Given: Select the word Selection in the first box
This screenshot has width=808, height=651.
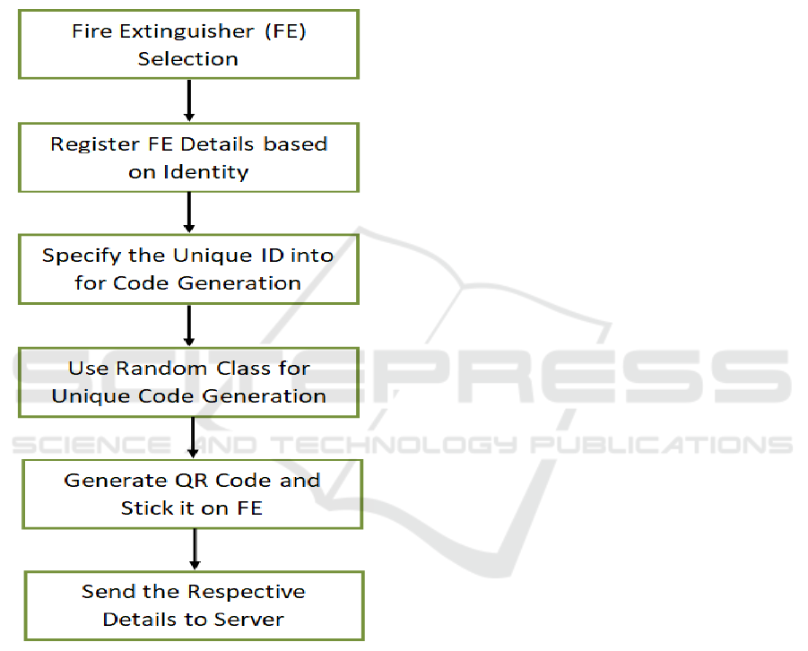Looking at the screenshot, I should (x=188, y=59).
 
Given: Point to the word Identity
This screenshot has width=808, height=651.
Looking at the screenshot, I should (x=205, y=171).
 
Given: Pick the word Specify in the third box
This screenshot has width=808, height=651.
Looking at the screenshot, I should (x=82, y=256).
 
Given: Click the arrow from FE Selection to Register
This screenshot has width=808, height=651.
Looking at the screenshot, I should (x=189, y=100).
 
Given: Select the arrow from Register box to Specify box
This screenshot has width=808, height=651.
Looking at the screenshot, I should (x=189, y=213).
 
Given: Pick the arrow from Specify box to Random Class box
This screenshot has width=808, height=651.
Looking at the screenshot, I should (x=189, y=325).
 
